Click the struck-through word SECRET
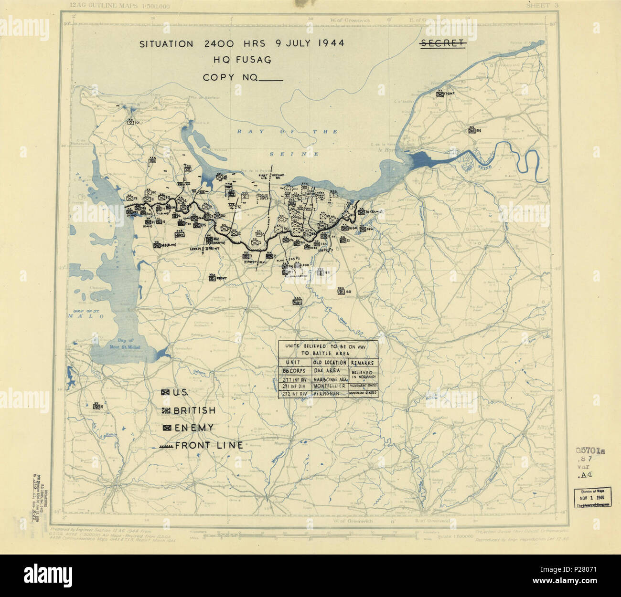pyautogui.click(x=442, y=43)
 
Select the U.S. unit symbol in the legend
pyautogui.click(x=166, y=392)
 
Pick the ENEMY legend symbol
pyautogui.click(x=167, y=428)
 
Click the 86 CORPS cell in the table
pyautogui.click(x=294, y=370)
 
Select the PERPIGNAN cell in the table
pyautogui.click(x=330, y=393)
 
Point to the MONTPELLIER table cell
pyautogui.click(x=330, y=386)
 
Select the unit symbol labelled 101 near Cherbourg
pyautogui.click(x=130, y=122)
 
